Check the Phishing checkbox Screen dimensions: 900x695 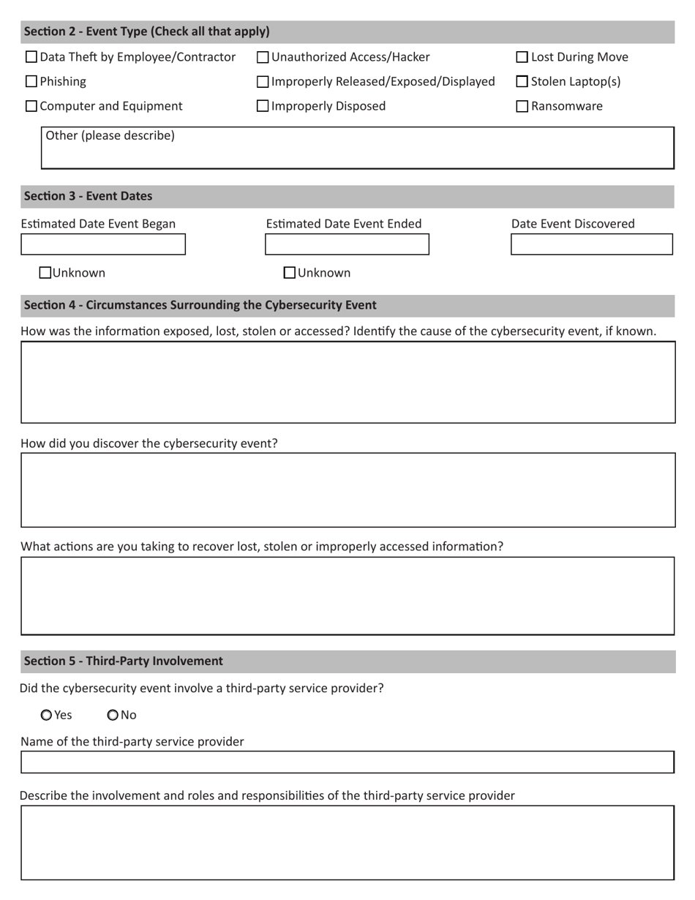pyautogui.click(x=31, y=81)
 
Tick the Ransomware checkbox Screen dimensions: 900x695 pyautogui.click(x=522, y=106)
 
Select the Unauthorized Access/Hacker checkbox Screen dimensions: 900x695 pyautogui.click(x=263, y=57)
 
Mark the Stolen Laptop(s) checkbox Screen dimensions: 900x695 pyautogui.click(x=522, y=81)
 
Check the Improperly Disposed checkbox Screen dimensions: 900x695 pyautogui.click(x=263, y=106)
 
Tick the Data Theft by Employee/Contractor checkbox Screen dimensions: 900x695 pyautogui.click(x=31, y=57)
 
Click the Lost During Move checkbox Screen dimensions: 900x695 pyautogui.click(x=522, y=57)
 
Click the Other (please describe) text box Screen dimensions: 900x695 pyautogui.click(x=357, y=153)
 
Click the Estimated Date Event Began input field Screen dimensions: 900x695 pyautogui.click(x=103, y=244)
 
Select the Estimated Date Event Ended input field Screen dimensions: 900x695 pyautogui.click(x=347, y=244)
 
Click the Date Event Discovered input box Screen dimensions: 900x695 pyautogui.click(x=591, y=244)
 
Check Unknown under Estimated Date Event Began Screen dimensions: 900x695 pyautogui.click(x=45, y=273)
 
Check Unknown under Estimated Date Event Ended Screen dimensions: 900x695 pyautogui.click(x=290, y=273)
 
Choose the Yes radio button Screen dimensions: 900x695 pyautogui.click(x=47, y=715)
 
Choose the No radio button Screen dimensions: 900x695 pyautogui.click(x=113, y=715)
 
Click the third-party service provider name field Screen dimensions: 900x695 pyautogui.click(x=347, y=762)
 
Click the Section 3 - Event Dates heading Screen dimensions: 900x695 pyautogui.click(x=88, y=196)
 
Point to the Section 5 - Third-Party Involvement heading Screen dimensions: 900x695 pyautogui.click(x=123, y=661)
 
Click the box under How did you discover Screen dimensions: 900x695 pyautogui.click(x=347, y=490)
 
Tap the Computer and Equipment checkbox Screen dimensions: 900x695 pyautogui.click(x=31, y=106)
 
